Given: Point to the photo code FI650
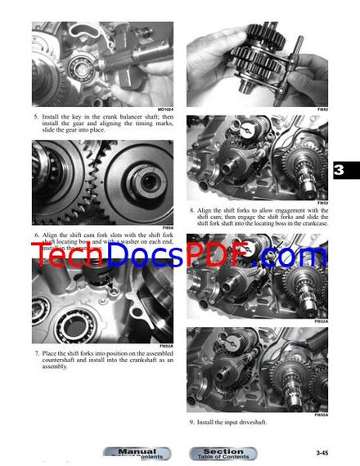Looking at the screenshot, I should click(x=167, y=227).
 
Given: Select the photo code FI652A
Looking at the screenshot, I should click(x=165, y=346).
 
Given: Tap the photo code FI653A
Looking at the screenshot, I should click(x=321, y=321).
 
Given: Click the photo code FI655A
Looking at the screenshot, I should click(x=321, y=414).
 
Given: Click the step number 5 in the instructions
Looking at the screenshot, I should click(x=36, y=118).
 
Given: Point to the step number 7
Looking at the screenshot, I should click(x=36, y=353).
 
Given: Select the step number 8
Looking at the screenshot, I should click(x=191, y=209).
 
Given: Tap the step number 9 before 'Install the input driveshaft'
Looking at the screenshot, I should click(x=191, y=422).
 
